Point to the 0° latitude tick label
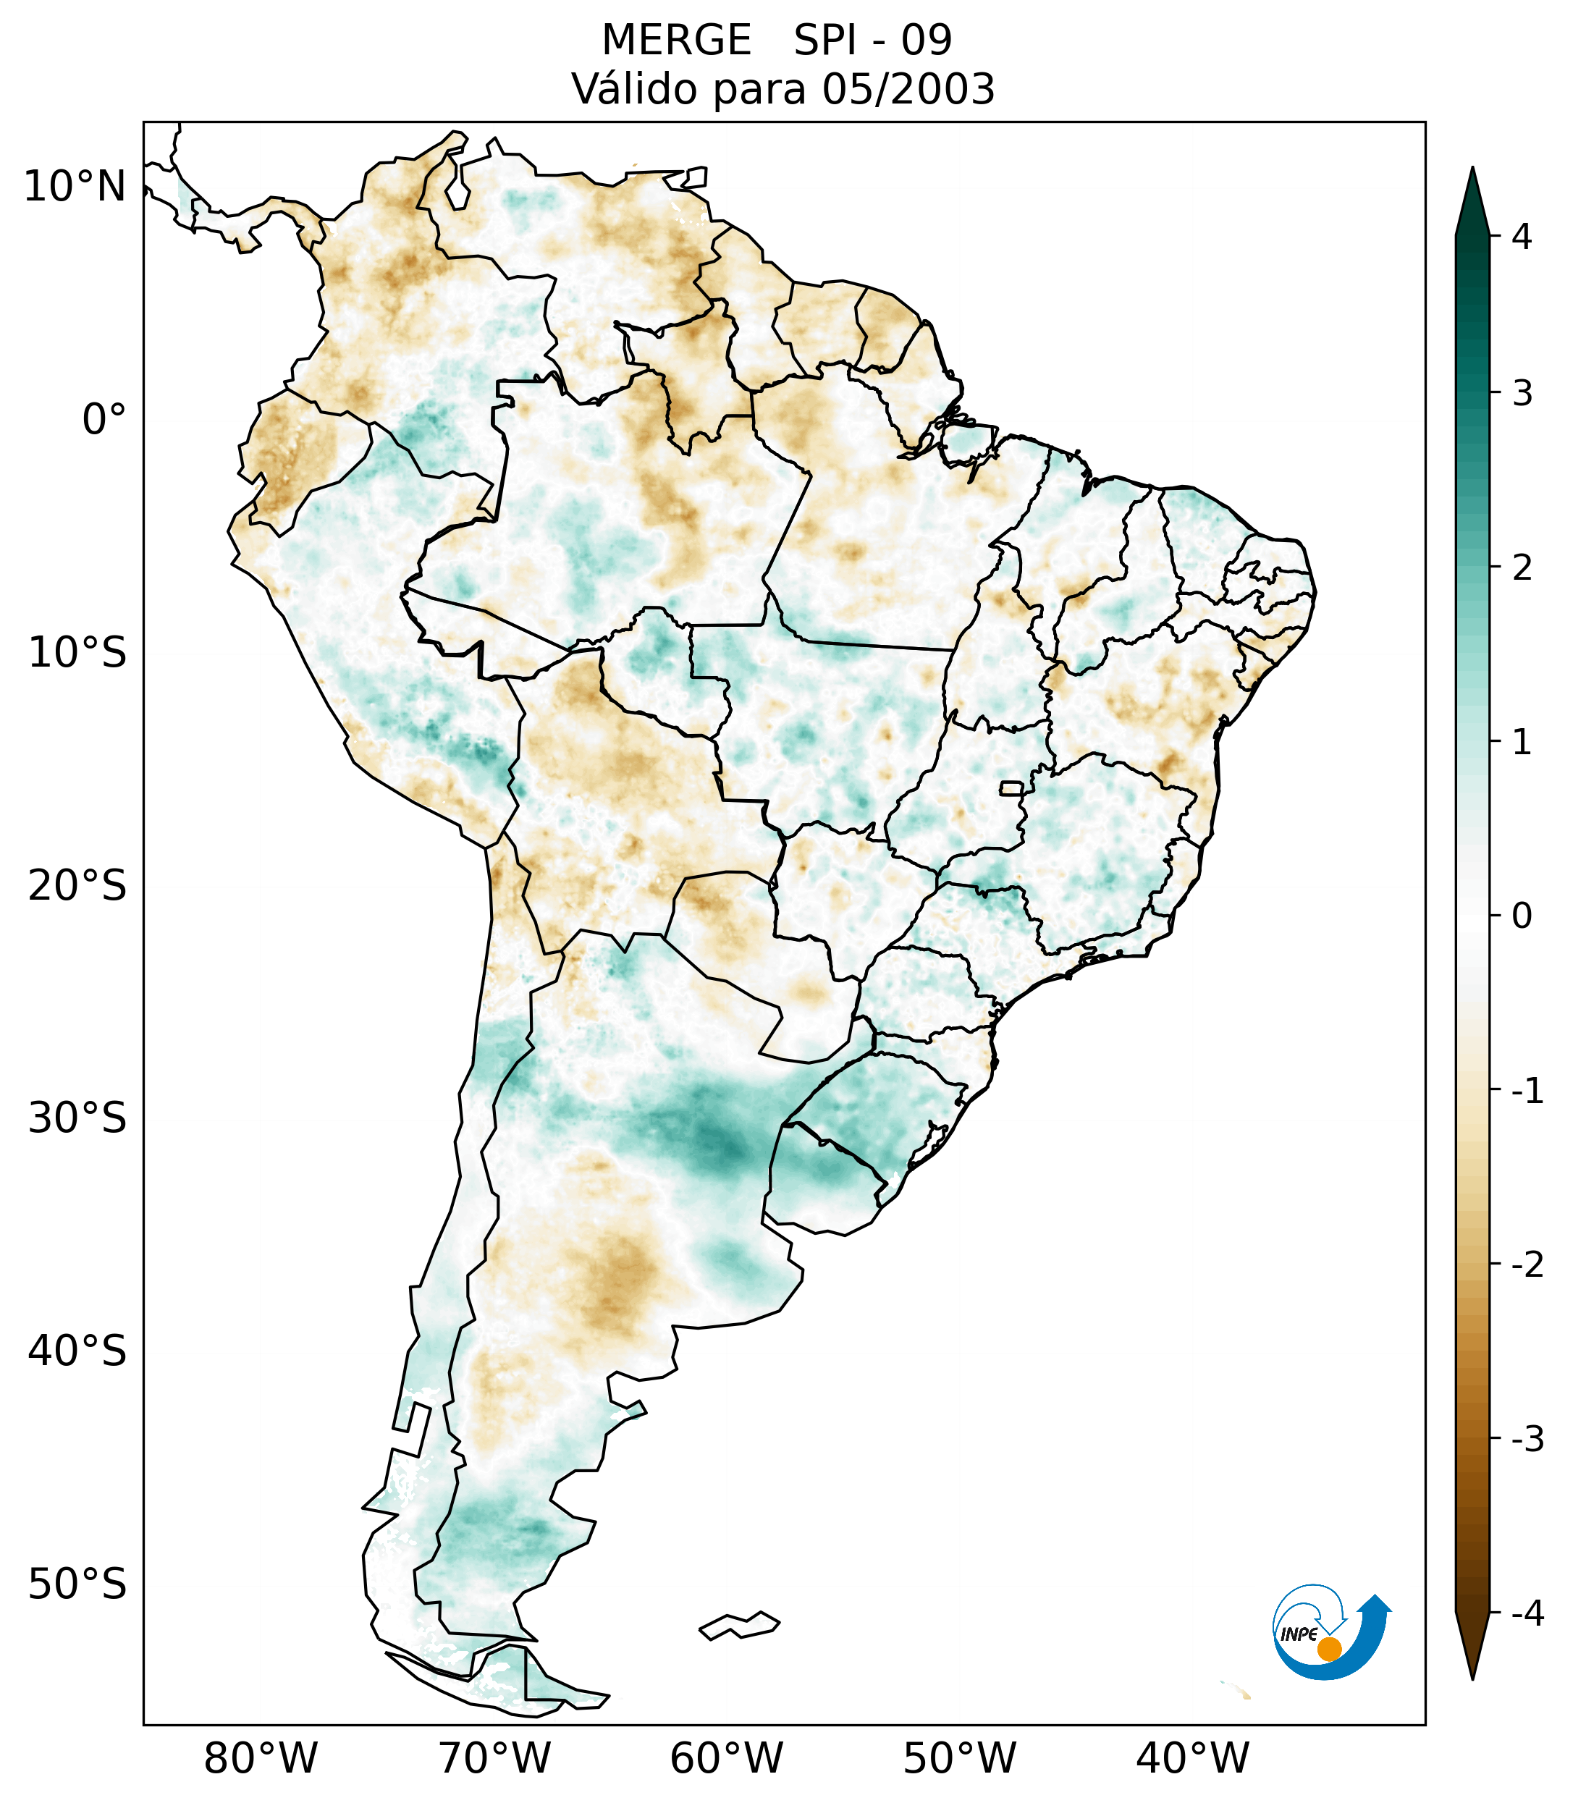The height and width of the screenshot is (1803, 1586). point(104,420)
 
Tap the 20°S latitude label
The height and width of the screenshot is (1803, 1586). point(77,886)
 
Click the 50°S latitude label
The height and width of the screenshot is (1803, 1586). point(77,1584)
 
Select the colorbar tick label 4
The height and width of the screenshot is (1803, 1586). point(1522,237)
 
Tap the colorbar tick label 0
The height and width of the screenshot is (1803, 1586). point(1522,916)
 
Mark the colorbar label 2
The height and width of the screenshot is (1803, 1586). point(1522,568)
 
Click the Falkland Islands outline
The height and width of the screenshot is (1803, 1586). point(739,1625)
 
